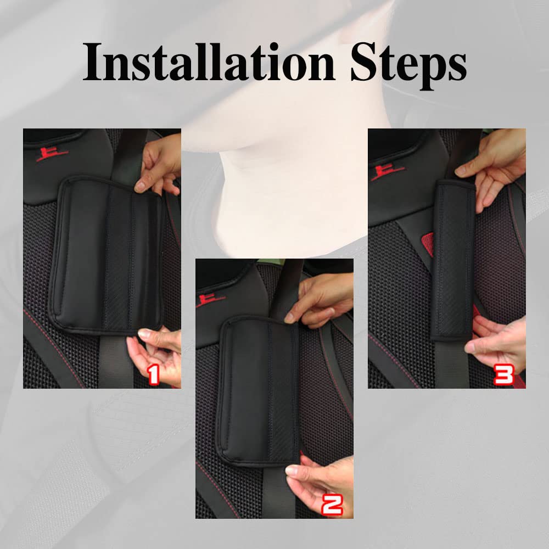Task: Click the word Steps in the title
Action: (x=408, y=63)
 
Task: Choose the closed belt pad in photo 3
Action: (x=453, y=258)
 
